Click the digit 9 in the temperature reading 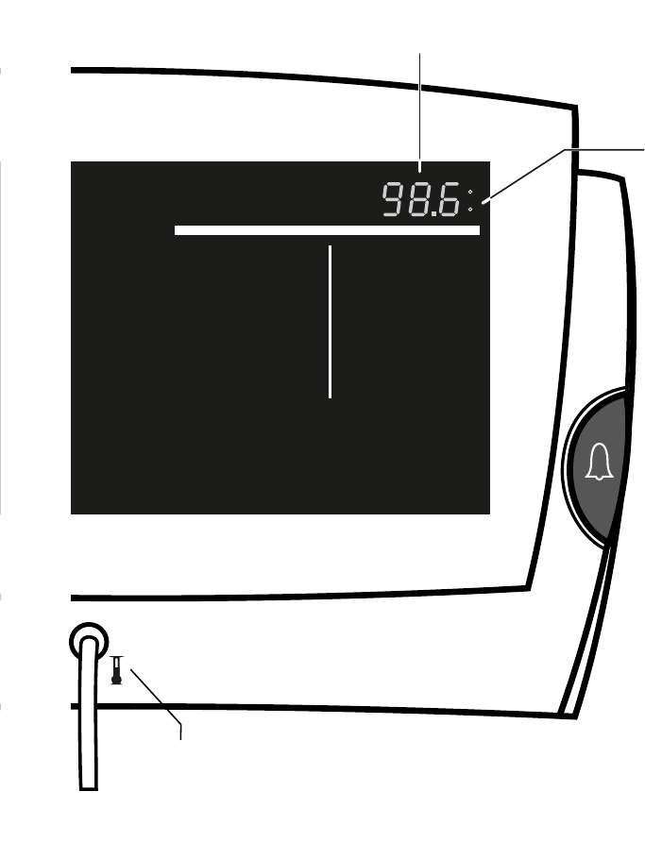coord(393,200)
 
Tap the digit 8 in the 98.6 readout coord(419,200)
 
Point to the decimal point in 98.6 coord(433,213)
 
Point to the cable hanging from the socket coord(88,717)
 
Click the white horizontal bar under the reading coord(327,230)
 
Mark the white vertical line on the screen coord(330,321)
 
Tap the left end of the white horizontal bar coord(178,230)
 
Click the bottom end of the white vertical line coord(330,396)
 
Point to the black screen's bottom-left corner coord(73,513)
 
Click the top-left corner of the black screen coord(73,162)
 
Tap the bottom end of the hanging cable coord(88,785)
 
